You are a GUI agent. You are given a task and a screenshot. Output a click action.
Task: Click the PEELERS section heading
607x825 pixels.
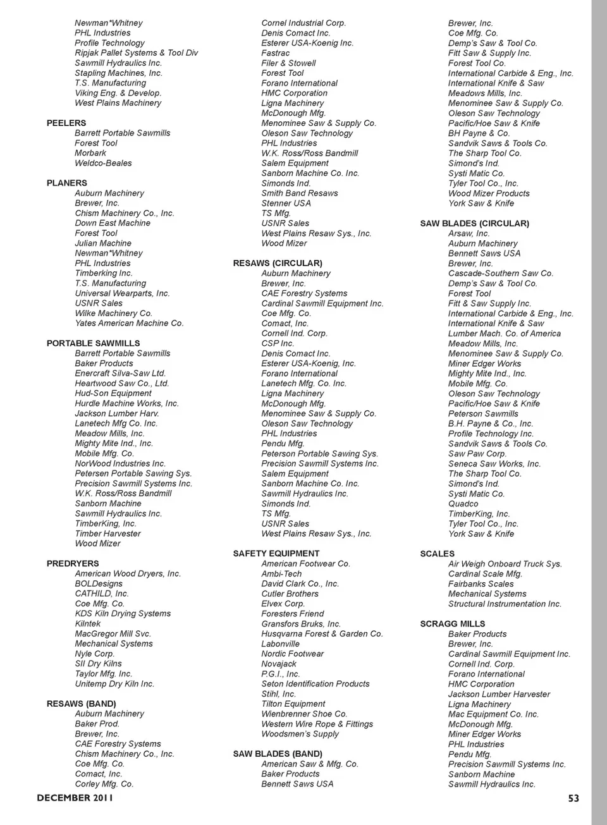66,123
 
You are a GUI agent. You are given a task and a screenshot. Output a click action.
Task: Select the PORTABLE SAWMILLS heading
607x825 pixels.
93,343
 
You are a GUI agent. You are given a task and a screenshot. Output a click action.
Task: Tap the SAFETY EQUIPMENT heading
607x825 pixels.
276,554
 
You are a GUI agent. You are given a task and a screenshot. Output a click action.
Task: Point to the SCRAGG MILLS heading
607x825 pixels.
453,624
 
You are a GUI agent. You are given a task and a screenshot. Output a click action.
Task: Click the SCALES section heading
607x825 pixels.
437,554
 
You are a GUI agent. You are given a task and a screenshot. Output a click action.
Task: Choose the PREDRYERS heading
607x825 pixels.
73,564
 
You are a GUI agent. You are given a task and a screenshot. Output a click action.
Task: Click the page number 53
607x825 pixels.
573,798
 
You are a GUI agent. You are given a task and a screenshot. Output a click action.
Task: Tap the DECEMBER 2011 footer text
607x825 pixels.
75,798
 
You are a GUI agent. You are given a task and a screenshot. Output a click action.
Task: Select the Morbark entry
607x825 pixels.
90,153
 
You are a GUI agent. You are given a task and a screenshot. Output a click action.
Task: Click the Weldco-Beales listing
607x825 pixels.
103,163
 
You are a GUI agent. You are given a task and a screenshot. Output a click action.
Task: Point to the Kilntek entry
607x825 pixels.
88,624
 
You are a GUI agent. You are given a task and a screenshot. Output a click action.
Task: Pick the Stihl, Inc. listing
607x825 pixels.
279,694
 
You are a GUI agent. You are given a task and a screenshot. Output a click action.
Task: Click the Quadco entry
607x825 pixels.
463,504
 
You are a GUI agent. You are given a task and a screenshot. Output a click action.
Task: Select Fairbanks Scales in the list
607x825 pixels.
481,584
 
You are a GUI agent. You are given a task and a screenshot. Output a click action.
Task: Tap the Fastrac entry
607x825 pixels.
276,53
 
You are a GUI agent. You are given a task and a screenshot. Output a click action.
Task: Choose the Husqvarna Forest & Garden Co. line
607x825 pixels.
322,634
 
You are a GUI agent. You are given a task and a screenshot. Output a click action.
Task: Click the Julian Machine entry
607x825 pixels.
103,243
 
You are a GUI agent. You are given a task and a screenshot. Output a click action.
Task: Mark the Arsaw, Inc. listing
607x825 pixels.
469,234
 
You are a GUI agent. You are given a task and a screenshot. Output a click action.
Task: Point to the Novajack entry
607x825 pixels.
279,664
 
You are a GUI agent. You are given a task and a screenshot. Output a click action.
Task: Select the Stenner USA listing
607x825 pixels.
286,204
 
